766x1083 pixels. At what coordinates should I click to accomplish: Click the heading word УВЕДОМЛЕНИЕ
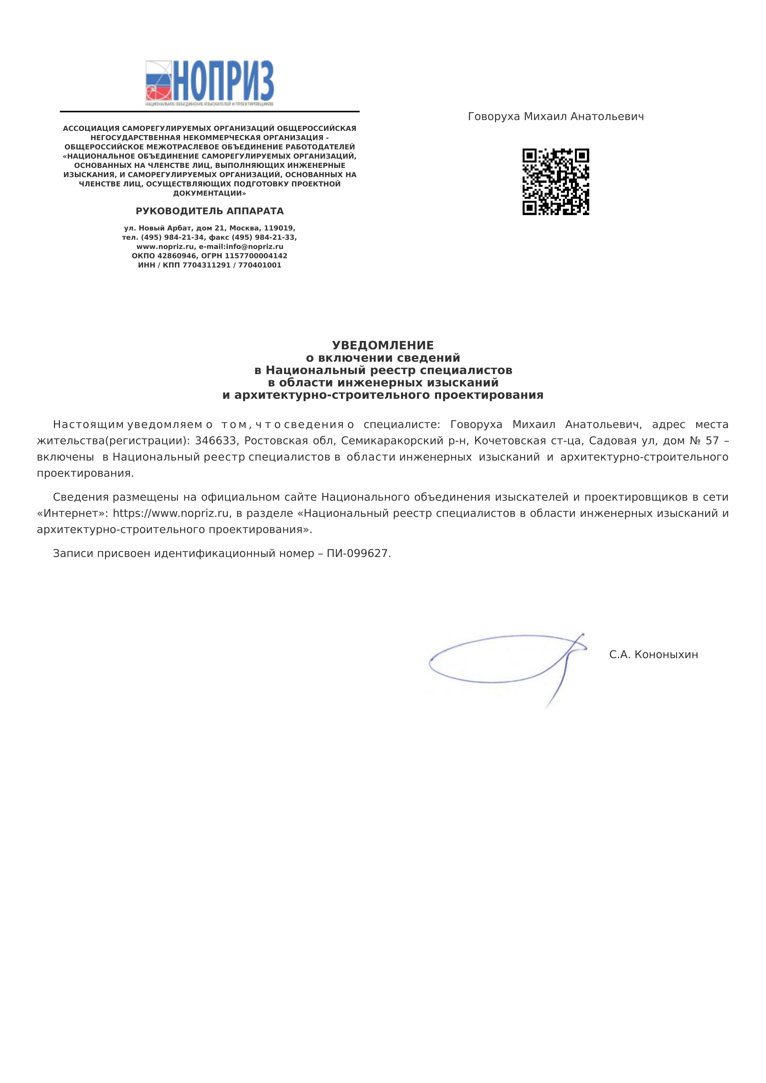point(383,345)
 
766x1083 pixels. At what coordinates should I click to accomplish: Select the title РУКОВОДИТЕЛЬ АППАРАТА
point(209,211)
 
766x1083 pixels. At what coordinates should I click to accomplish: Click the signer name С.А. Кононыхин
point(653,655)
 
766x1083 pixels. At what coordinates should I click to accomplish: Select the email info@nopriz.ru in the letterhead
point(255,247)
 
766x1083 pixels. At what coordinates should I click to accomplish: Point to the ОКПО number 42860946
point(177,256)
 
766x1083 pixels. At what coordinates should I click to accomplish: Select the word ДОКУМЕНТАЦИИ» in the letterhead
point(209,194)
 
